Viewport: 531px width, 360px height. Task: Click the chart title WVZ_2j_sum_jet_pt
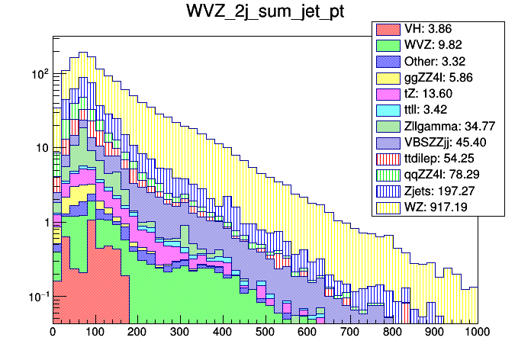point(265,13)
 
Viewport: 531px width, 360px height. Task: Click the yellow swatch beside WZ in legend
point(387,206)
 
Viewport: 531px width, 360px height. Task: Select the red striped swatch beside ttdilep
point(387,158)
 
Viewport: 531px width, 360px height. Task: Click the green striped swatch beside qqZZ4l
point(387,174)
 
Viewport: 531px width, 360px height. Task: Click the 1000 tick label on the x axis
point(477,333)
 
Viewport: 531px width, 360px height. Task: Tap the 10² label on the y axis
point(37,75)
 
